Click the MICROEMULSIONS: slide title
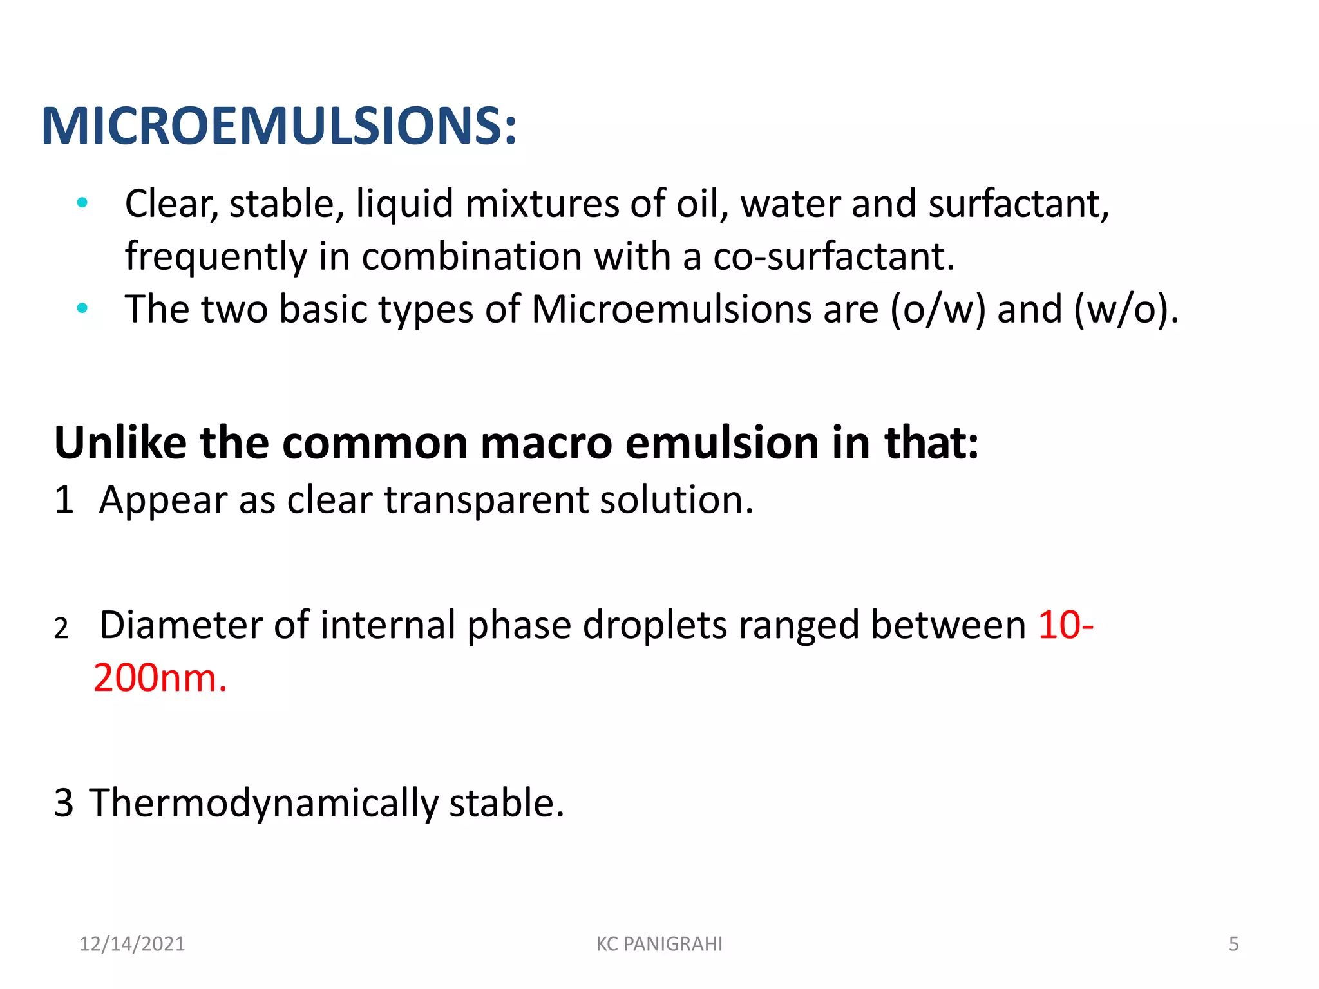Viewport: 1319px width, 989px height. pos(278,126)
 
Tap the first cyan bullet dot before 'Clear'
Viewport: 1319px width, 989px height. pos(82,203)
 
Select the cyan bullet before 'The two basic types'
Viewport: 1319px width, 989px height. pos(82,308)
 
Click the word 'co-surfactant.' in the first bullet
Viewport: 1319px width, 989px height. pos(833,256)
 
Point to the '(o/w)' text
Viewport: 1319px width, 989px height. pos(938,309)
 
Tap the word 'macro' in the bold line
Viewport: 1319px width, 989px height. pos(546,443)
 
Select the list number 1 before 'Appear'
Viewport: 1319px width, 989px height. pos(64,500)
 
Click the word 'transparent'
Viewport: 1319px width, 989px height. pos(486,500)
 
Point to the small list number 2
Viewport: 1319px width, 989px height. pos(61,628)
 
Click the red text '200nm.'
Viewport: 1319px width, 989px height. pos(160,678)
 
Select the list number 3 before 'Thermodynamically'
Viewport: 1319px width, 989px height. pos(64,803)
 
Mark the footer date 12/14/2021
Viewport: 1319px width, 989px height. pos(132,944)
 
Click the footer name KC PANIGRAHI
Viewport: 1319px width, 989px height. pos(659,944)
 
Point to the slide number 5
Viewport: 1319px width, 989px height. pos(1233,944)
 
